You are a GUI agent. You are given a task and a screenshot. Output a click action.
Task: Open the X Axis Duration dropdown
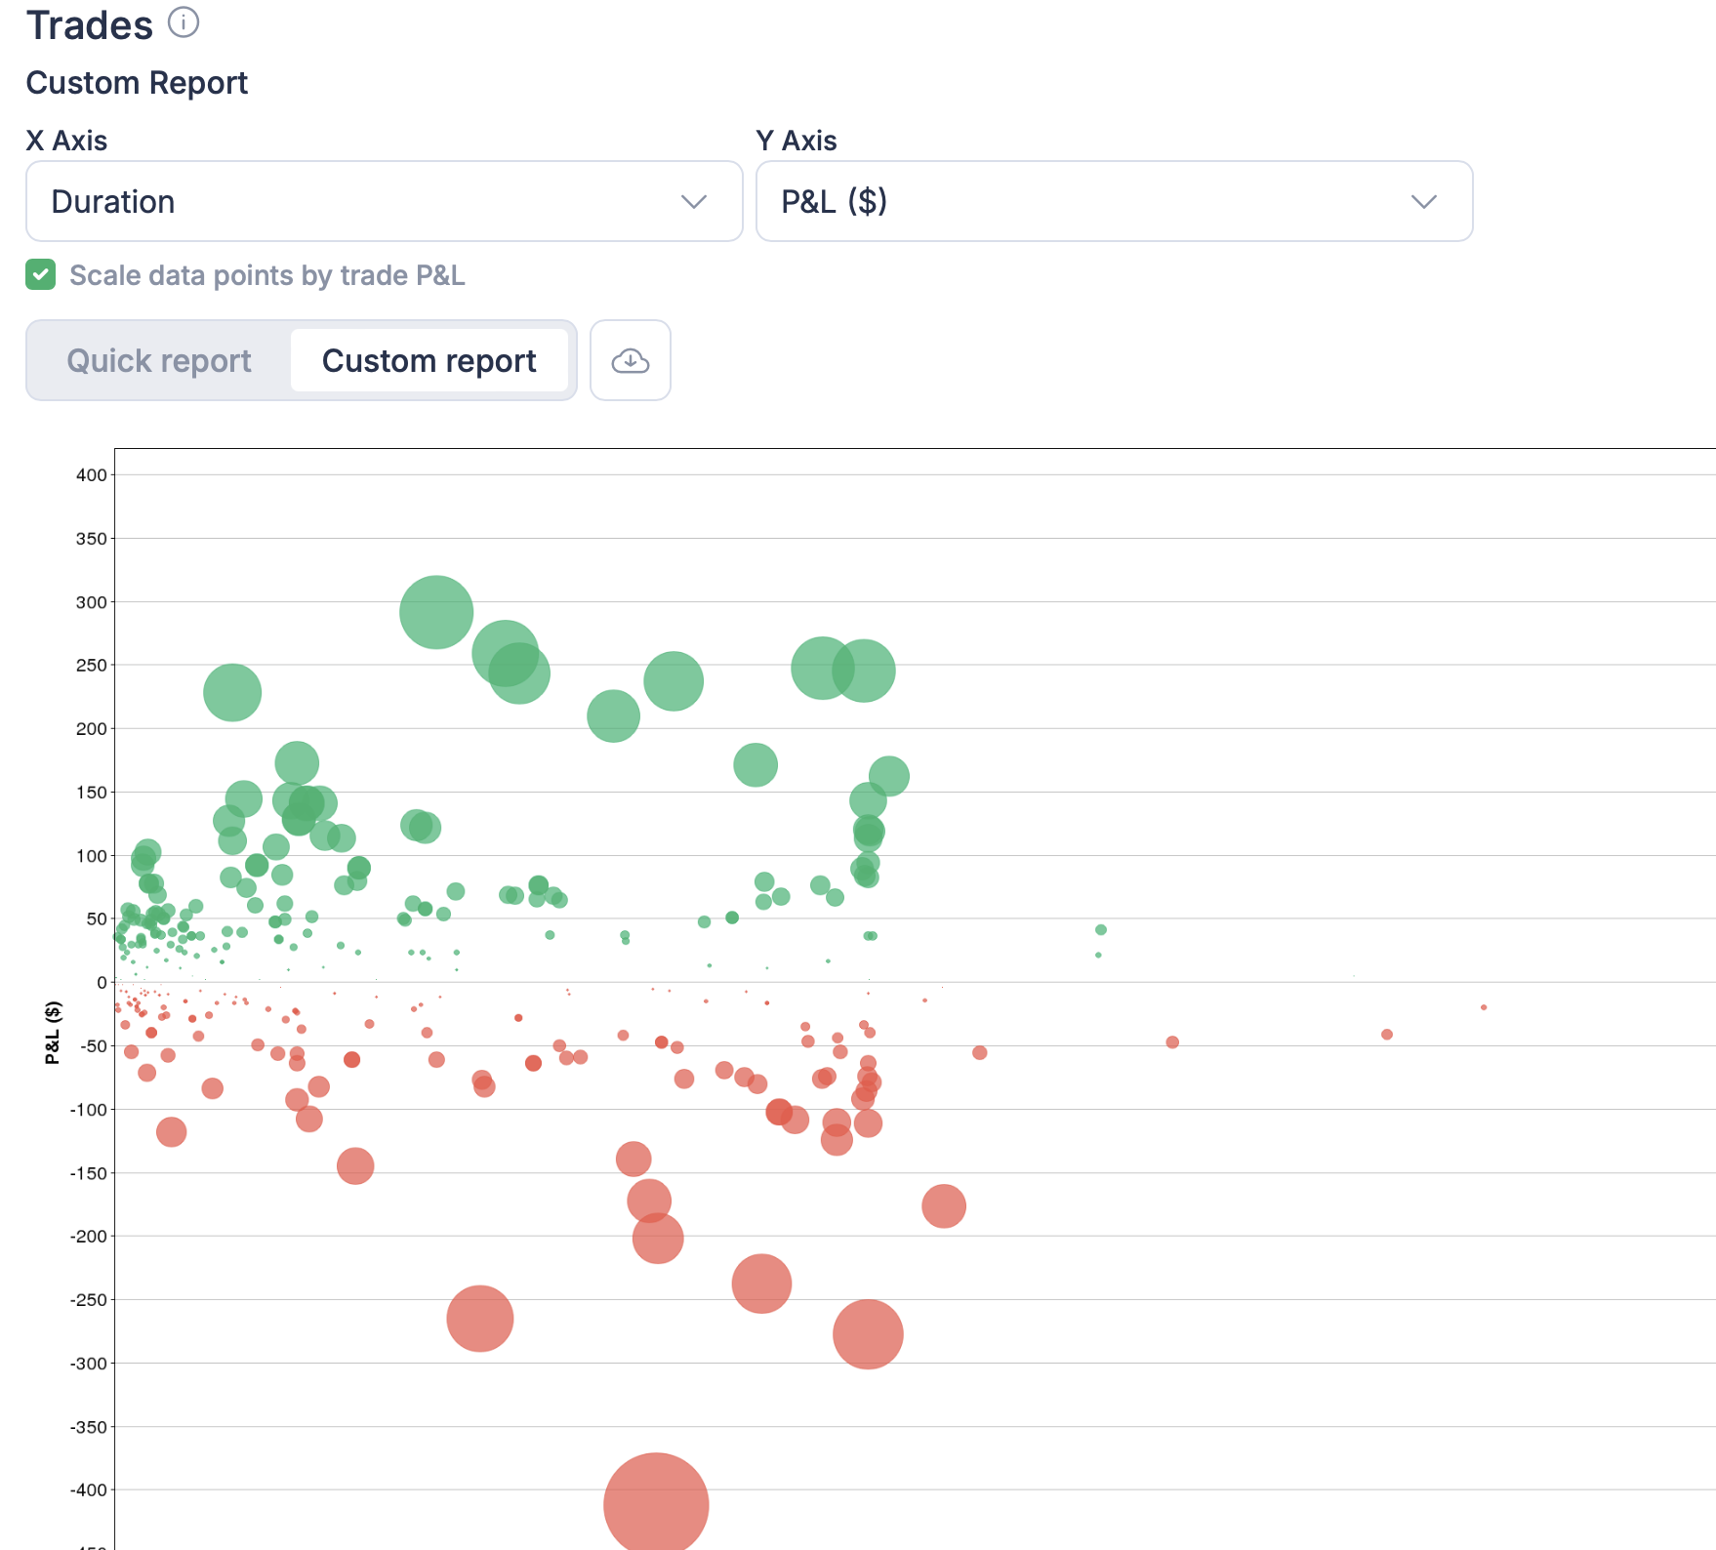(384, 201)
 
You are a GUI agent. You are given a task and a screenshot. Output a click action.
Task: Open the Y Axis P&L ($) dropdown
(1114, 201)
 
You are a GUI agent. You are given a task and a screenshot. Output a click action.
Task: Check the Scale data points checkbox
(41, 275)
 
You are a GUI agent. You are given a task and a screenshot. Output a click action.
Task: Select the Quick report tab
(159, 360)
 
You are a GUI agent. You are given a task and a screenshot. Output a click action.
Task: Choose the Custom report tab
(429, 360)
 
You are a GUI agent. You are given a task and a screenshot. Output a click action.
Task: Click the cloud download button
(631, 360)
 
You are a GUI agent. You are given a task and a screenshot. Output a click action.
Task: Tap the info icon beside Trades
(184, 22)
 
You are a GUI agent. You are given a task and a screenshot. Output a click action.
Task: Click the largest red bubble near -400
(656, 1503)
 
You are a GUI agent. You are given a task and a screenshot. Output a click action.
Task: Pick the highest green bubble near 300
(436, 612)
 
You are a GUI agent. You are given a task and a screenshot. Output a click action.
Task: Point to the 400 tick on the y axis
(92, 475)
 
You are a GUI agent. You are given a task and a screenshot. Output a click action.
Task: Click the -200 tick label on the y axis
(88, 1237)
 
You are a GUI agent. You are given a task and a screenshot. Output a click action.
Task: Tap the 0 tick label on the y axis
(102, 983)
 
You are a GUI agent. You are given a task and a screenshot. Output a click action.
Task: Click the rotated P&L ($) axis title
(53, 1032)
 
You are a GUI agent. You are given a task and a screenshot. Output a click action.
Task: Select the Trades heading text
(90, 25)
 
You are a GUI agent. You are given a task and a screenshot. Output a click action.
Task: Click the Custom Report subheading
(137, 83)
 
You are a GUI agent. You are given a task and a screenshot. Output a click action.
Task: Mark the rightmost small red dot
(1484, 1007)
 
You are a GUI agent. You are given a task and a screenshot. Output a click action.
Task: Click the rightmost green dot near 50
(1101, 930)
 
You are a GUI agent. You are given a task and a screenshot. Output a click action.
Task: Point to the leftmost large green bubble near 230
(232, 693)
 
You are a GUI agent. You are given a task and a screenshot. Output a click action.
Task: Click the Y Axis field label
(797, 141)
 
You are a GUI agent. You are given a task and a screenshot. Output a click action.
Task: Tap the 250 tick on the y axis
(92, 666)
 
